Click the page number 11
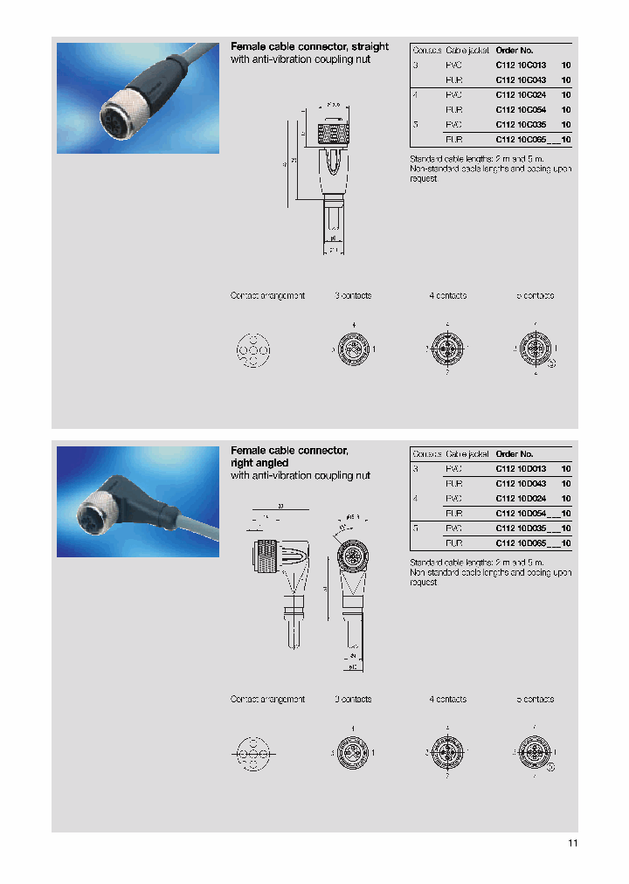(572, 843)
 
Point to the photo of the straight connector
(138, 97)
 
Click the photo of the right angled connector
(138, 501)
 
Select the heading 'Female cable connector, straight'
(309, 46)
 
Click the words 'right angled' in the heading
(259, 463)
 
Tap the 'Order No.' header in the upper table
(515, 51)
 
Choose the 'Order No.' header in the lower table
(515, 454)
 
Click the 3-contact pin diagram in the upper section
(353, 350)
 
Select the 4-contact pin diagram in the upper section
(447, 350)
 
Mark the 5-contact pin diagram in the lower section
(535, 752)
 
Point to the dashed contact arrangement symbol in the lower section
(253, 752)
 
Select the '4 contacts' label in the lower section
(447, 700)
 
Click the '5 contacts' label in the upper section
(535, 296)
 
